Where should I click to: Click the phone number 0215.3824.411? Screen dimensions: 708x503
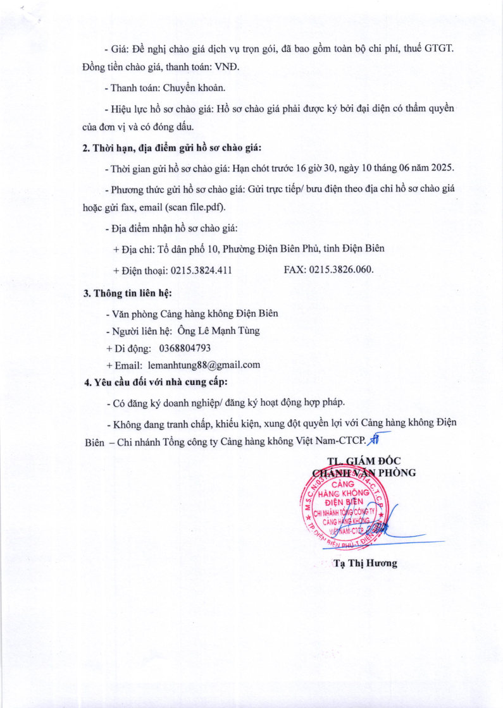(201, 270)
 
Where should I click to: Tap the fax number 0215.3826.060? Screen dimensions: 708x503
(341, 270)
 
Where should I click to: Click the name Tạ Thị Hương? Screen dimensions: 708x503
(366, 563)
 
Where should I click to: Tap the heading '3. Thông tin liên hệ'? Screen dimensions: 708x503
(128, 293)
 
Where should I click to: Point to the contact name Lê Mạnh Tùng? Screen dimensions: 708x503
(218, 331)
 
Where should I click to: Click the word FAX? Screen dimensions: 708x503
(295, 270)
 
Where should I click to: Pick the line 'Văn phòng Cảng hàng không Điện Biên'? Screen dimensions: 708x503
(194, 314)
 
